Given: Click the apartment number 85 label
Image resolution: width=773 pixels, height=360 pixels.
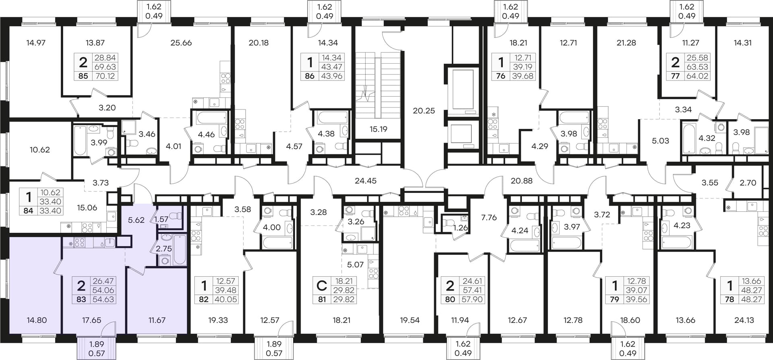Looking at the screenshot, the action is (83, 76).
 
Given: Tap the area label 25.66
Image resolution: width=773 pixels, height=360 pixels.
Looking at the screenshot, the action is (181, 43).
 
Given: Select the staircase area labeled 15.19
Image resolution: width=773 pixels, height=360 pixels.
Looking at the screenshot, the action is (378, 129).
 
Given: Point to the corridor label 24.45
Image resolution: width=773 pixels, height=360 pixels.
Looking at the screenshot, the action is (366, 181).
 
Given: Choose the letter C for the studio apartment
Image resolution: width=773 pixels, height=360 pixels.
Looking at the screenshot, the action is (321, 286).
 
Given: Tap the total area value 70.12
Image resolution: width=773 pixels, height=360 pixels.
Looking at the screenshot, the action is (105, 76).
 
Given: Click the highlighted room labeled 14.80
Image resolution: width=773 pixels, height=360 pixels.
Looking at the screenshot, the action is (37, 320).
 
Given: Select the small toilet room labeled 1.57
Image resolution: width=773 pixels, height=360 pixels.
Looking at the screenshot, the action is (161, 219).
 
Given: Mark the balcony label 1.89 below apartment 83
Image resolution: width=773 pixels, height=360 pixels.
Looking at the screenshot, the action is (96, 344).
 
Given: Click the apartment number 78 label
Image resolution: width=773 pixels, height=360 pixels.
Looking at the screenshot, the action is (730, 299).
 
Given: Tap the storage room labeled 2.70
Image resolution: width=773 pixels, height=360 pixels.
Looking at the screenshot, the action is (748, 183).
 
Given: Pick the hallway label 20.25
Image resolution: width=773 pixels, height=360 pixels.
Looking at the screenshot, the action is (424, 111).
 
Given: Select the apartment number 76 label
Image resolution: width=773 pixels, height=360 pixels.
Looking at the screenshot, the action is (500, 76).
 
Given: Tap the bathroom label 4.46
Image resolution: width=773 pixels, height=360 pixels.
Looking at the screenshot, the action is (207, 134).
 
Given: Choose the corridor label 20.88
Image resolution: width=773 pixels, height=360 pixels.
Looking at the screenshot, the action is (521, 181).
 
